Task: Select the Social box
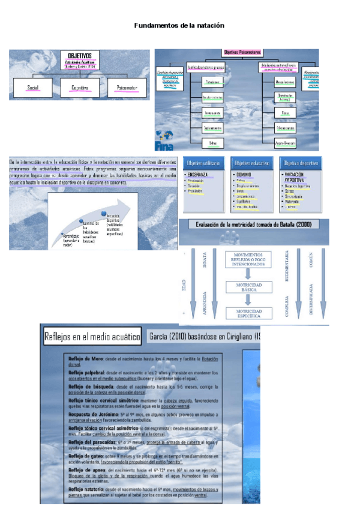[x=33, y=88]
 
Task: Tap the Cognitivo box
[x=80, y=88]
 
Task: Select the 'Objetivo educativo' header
[x=251, y=163]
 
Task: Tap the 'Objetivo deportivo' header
[x=300, y=163]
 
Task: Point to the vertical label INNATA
[x=205, y=262]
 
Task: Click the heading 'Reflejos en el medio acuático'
[x=92, y=336]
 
